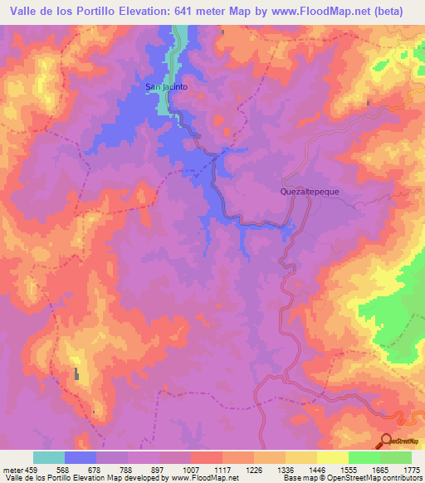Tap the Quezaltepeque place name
(309, 191)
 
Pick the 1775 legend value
(411, 468)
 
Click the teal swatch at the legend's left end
(49, 457)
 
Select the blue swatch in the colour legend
(81, 457)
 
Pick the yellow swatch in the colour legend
(333, 457)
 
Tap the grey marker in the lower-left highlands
(77, 373)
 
